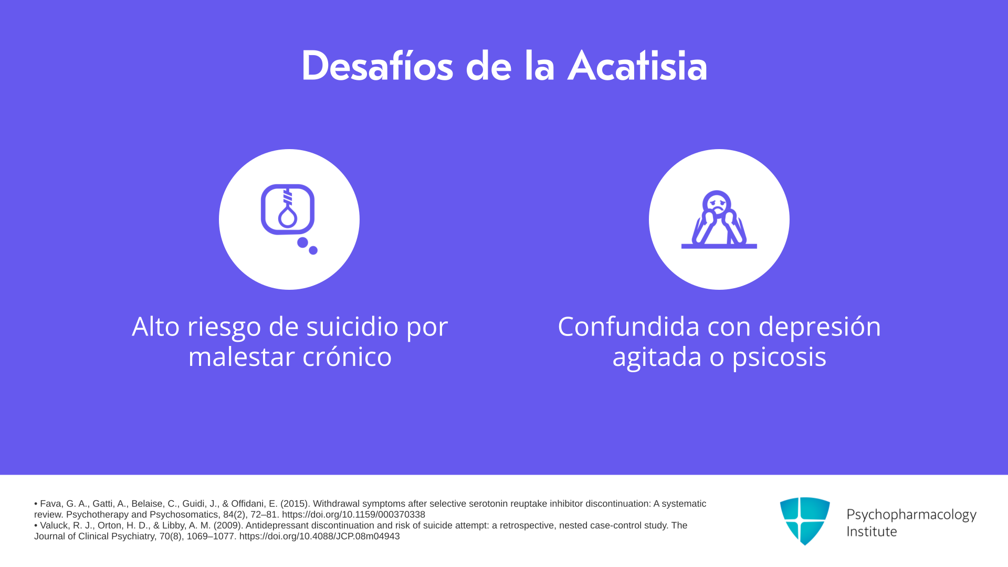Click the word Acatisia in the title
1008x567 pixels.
click(637, 66)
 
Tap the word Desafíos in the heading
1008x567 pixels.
click(377, 66)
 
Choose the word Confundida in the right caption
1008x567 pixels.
click(629, 327)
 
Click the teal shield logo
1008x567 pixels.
click(805, 521)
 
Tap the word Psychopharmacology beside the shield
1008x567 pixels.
click(911, 515)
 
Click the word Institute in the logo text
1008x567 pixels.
click(871, 531)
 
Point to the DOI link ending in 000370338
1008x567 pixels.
click(353, 514)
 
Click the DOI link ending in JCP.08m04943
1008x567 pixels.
click(319, 536)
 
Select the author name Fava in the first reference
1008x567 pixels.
click(51, 504)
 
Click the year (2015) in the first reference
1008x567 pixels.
click(294, 504)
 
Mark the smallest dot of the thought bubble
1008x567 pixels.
click(313, 250)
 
